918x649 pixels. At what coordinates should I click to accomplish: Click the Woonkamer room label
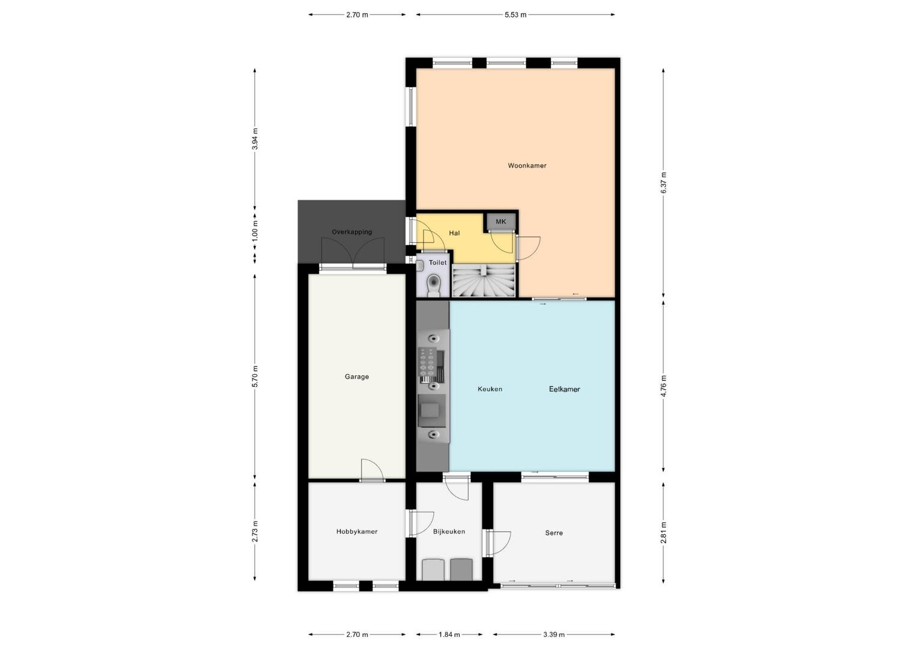click(x=527, y=166)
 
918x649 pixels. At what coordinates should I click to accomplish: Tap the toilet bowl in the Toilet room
click(x=433, y=285)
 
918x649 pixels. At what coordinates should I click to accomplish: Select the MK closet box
click(x=501, y=222)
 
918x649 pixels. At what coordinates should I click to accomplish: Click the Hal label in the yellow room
click(x=454, y=233)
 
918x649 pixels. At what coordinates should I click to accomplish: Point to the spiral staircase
click(x=484, y=280)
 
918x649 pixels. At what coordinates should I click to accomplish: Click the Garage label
click(x=356, y=377)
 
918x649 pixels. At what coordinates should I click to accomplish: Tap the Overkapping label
click(x=351, y=232)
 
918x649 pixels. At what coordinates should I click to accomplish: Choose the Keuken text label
click(x=490, y=389)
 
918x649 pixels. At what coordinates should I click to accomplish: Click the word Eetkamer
click(x=564, y=389)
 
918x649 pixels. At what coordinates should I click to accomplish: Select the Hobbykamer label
click(x=356, y=531)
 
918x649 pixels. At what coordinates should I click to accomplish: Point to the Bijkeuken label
click(x=449, y=531)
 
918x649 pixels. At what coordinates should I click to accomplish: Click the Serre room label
click(x=554, y=533)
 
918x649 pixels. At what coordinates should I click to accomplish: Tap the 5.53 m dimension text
click(x=515, y=15)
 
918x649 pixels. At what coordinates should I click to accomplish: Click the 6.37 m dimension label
click(x=663, y=183)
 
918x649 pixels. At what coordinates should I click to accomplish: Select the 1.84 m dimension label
click(x=449, y=635)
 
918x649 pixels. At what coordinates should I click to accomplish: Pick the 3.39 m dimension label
click(x=554, y=635)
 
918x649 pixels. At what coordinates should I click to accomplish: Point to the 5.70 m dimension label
click(x=255, y=376)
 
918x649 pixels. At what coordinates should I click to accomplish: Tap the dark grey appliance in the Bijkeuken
click(x=461, y=569)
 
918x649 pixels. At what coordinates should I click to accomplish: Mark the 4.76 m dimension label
click(x=663, y=386)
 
